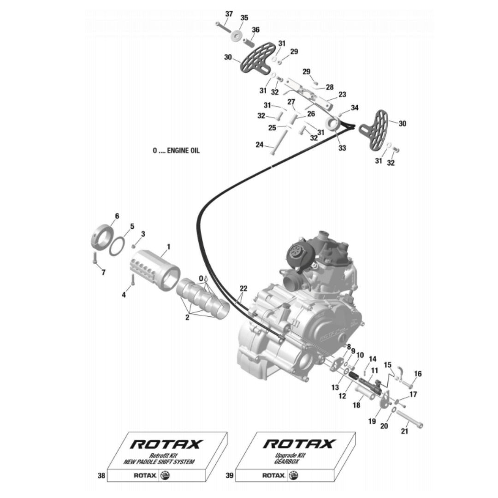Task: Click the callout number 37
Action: point(229,14)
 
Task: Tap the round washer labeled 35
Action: point(237,36)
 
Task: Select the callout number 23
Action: point(342,95)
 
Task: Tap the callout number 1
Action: point(168,247)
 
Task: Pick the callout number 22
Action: point(243,289)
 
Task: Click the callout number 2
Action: point(187,317)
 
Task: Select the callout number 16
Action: point(418,374)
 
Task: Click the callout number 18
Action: point(356,405)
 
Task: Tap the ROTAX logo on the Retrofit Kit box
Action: point(166,445)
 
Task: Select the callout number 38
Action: point(101,475)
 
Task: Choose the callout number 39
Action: point(230,475)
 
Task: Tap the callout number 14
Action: point(373,359)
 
